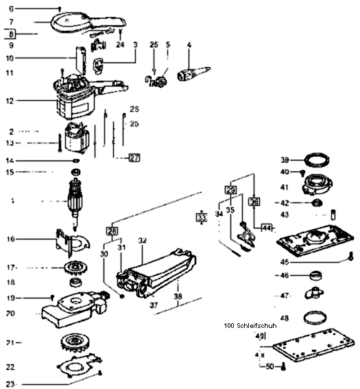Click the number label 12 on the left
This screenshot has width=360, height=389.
[x=10, y=100]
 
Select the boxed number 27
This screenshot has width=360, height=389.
[x=134, y=157]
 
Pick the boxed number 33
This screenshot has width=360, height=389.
[x=201, y=217]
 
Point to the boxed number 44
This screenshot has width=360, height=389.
[x=266, y=227]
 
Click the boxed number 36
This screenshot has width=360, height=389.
[x=254, y=202]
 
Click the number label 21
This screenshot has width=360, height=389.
[x=10, y=342]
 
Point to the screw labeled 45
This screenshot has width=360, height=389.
[x=349, y=259]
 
